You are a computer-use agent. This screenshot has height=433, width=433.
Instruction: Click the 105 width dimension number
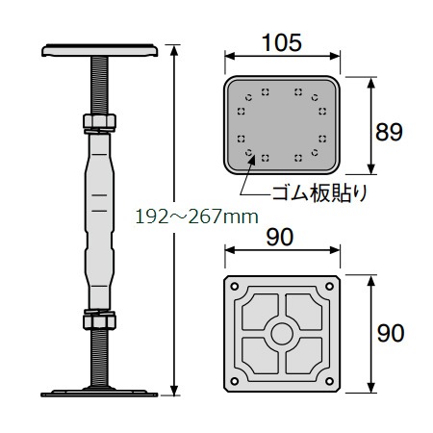pyautogui.click(x=282, y=42)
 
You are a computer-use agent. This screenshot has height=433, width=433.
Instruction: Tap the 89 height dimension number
pyautogui.click(x=389, y=132)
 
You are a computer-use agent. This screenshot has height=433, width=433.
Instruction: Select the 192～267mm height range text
pyautogui.click(x=196, y=216)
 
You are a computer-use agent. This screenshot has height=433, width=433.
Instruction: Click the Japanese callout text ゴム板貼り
pyautogui.click(x=319, y=193)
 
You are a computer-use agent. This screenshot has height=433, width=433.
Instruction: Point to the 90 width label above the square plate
pyautogui.click(x=280, y=237)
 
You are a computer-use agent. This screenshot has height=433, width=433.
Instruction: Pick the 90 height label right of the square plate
pyautogui.click(x=391, y=333)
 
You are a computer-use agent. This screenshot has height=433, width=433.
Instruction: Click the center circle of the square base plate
pyautogui.click(x=282, y=334)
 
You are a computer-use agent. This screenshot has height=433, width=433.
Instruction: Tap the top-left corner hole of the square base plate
pyautogui.click(x=235, y=286)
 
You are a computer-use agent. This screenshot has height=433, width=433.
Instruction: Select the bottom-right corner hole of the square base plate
pyautogui.click(x=329, y=381)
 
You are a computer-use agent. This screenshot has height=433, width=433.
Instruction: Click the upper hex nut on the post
pyautogui.click(x=99, y=121)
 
